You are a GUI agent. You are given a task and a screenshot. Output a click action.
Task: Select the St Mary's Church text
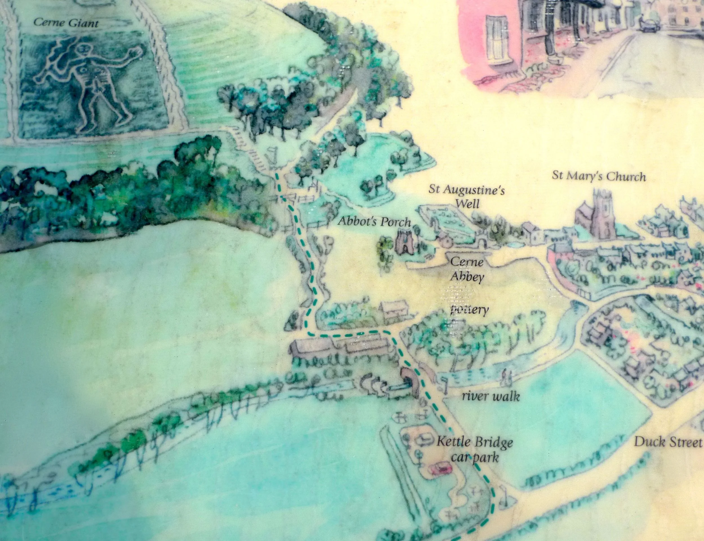pyautogui.click(x=599, y=176)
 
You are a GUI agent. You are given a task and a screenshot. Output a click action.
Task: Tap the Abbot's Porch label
pyautogui.click(x=375, y=222)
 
